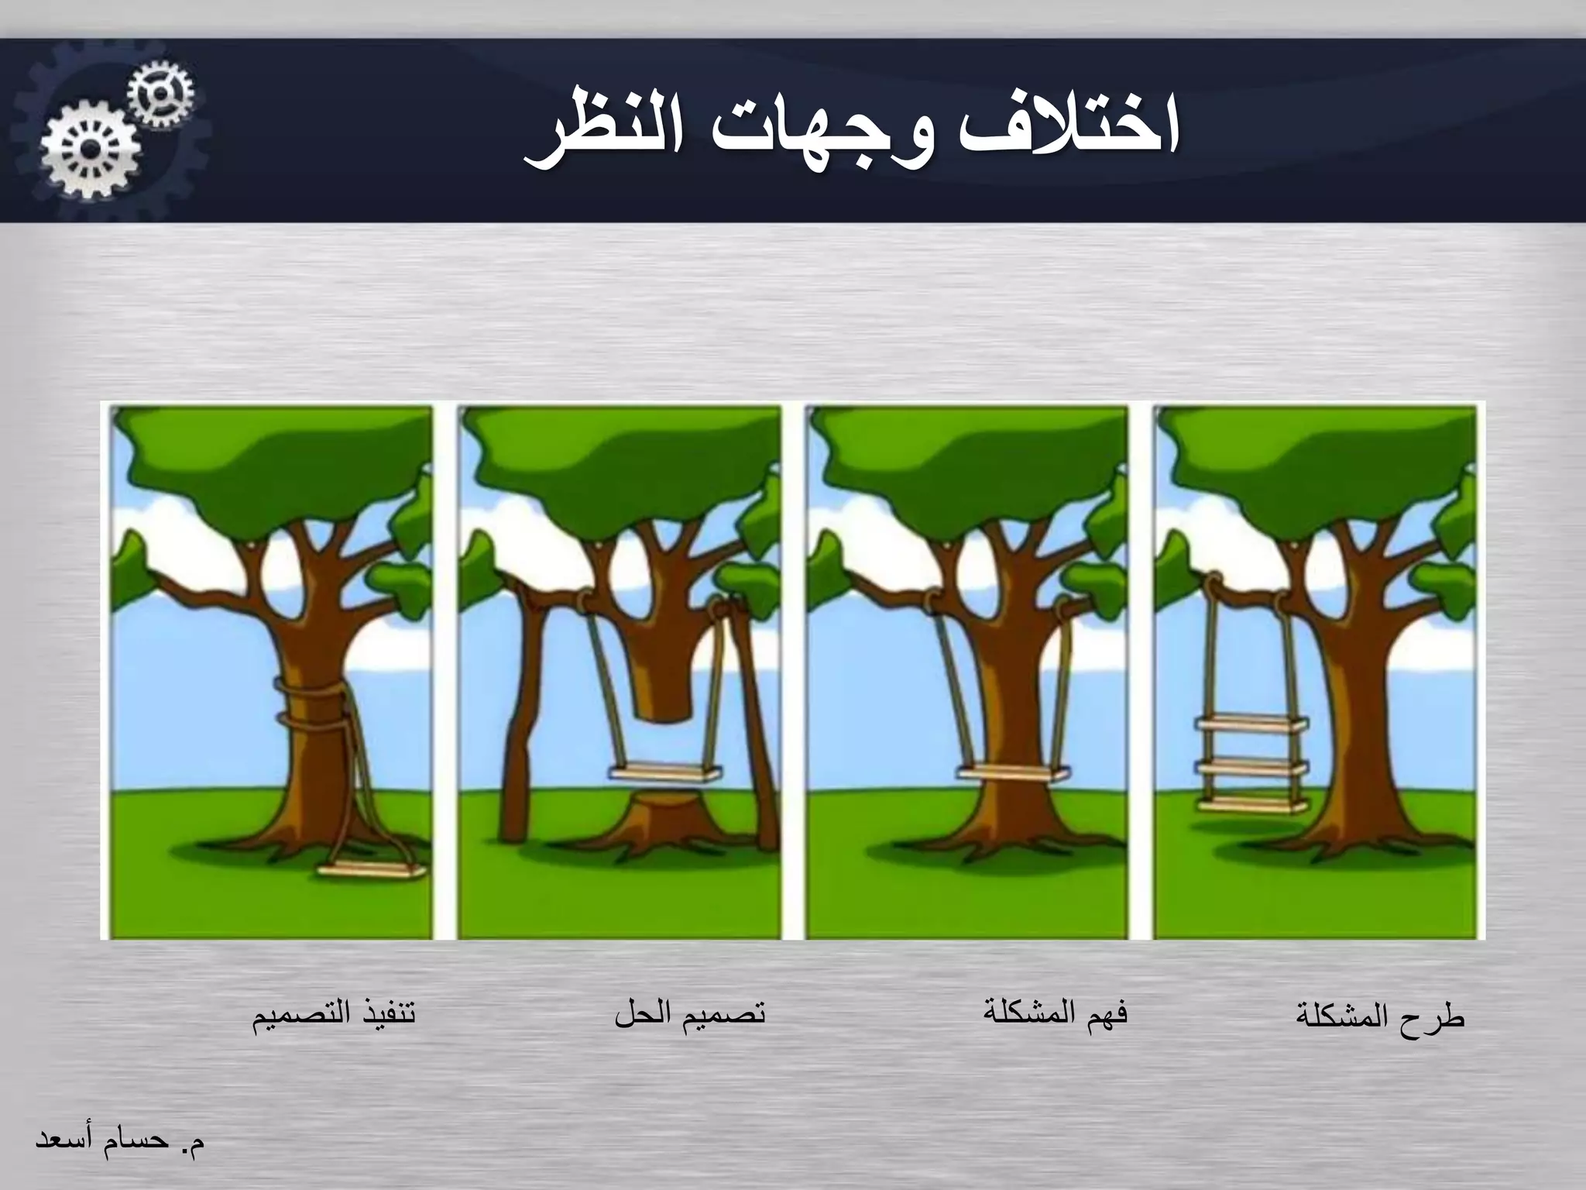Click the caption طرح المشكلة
coord(1380,1016)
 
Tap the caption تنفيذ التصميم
coord(334,1015)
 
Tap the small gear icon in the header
coord(161,95)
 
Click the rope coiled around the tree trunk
coord(311,701)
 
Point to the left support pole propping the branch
coord(515,713)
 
